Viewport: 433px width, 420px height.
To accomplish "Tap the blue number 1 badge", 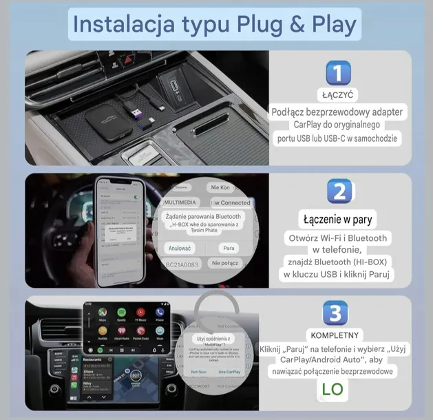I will [337, 74].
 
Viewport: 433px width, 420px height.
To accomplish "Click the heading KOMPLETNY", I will [335, 334].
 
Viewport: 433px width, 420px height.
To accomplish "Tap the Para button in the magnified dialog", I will [229, 247].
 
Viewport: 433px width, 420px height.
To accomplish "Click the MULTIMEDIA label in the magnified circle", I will [182, 202].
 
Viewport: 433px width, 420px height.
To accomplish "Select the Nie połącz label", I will [226, 263].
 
